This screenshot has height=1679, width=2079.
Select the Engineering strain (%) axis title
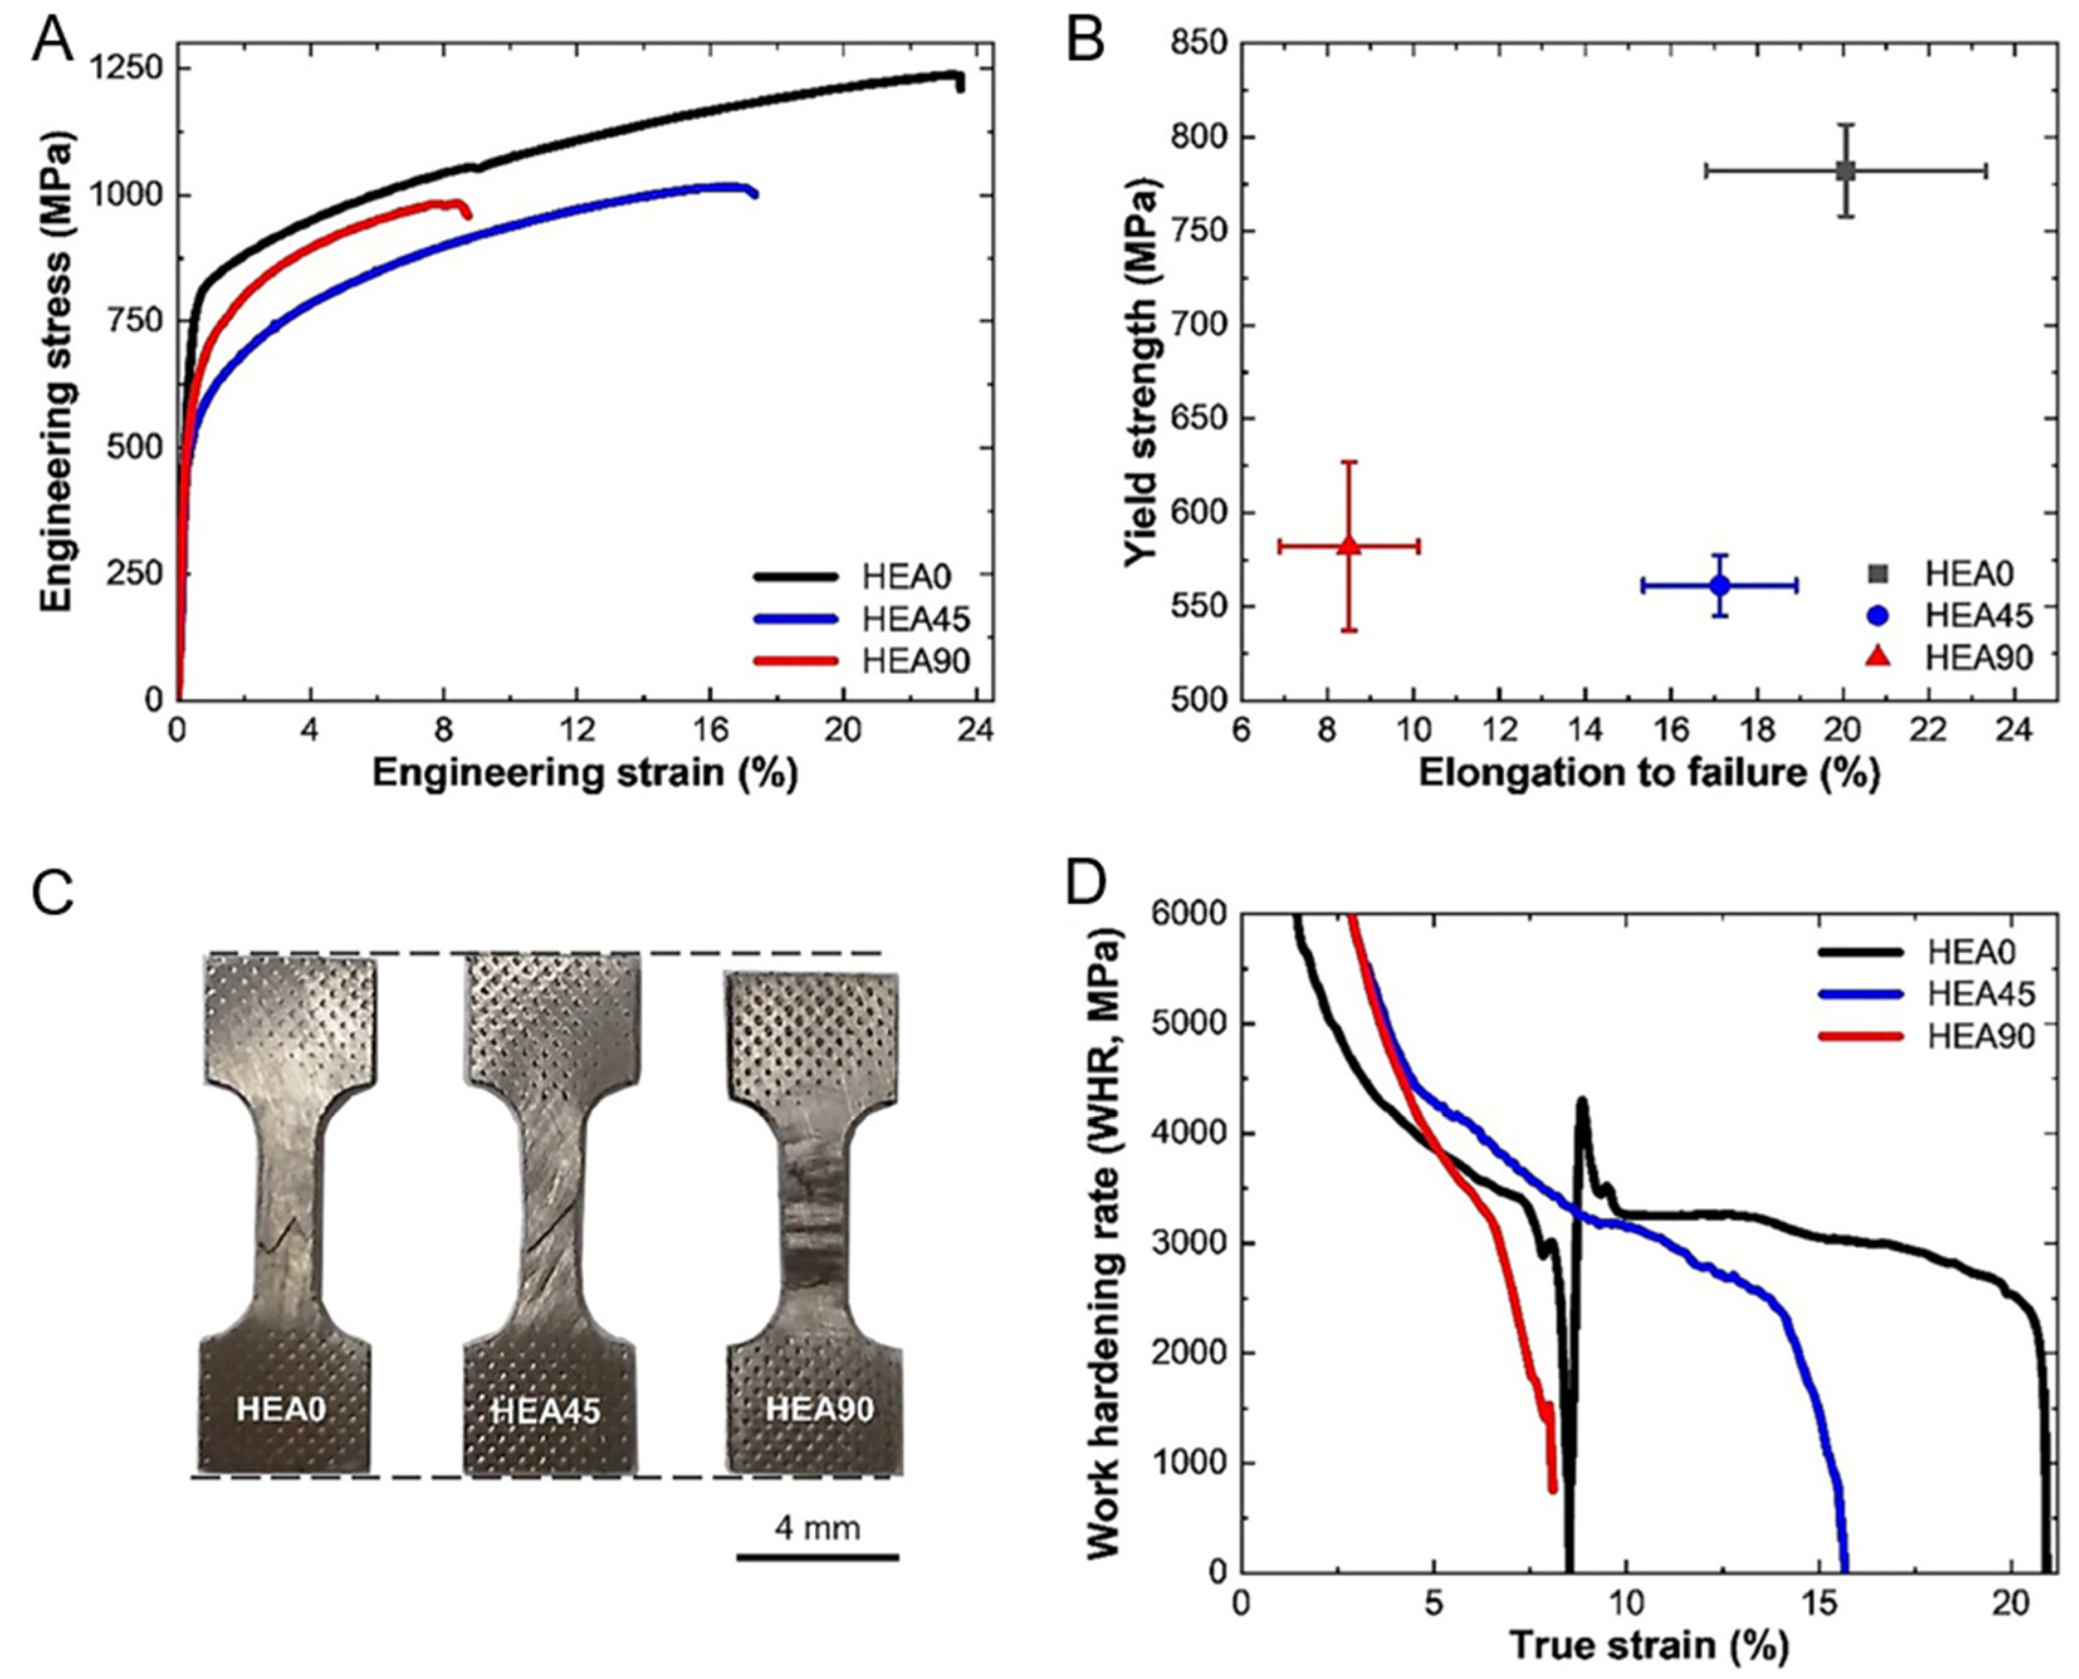click(584, 774)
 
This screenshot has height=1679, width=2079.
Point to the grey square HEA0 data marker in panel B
click(1846, 171)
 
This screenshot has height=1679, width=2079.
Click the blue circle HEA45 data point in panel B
click(1720, 585)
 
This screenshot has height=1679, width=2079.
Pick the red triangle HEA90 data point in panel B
click(1350, 546)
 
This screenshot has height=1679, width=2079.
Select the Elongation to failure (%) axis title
click(1648, 774)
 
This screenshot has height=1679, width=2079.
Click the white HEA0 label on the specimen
click(282, 1409)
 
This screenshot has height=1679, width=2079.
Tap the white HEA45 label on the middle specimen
click(546, 1411)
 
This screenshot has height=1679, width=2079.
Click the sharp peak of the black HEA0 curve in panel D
click(1582, 1099)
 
